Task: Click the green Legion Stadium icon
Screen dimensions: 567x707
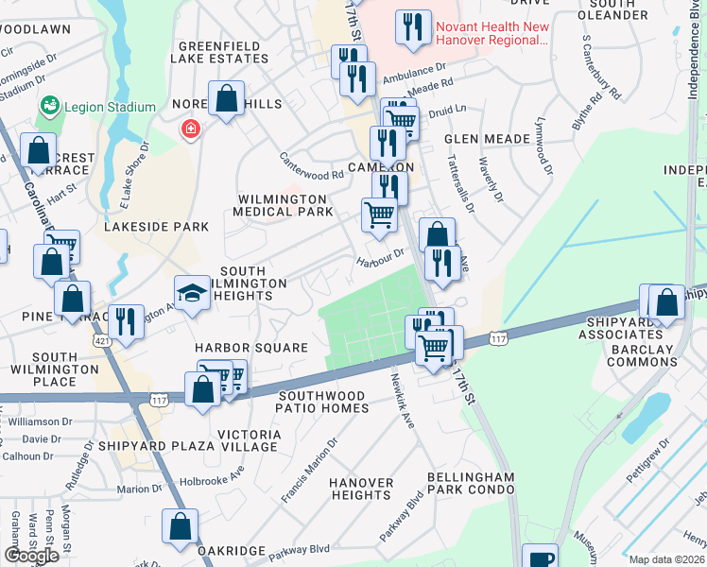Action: tap(48, 107)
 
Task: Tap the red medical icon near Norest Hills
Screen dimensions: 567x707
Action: tap(192, 128)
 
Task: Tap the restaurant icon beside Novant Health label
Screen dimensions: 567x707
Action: tap(413, 27)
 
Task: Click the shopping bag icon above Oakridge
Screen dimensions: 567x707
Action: tap(180, 527)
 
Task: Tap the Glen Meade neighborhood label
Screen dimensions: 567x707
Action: tap(487, 139)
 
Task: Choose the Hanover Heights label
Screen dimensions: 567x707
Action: tap(361, 490)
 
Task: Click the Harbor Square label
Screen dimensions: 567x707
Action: tap(251, 348)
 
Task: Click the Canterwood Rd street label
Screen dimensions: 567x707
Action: tap(311, 166)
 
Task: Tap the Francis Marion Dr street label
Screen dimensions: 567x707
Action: tap(309, 470)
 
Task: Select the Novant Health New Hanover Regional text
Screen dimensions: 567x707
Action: tap(491, 33)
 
